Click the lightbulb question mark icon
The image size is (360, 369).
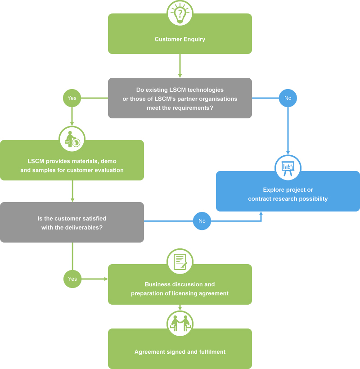[x=180, y=13]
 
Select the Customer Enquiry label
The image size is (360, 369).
[x=180, y=39]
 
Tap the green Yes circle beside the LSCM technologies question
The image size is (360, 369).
[x=72, y=98]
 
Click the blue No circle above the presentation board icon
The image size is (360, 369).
[x=288, y=98]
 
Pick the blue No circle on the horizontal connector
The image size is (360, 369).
[x=202, y=221]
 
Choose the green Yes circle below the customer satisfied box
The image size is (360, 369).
[x=72, y=279]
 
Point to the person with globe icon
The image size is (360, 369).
[x=72, y=139]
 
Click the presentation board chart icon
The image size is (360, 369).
[x=288, y=168]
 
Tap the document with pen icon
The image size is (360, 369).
[x=180, y=261]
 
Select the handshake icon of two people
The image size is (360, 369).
[x=180, y=324]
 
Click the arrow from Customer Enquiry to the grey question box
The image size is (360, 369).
[x=180, y=66]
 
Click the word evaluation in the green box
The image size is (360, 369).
[x=109, y=170]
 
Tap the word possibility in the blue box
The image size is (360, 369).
[x=313, y=199]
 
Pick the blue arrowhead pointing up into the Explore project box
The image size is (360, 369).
[x=261, y=213]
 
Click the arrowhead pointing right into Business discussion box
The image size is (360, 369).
[x=106, y=279]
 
